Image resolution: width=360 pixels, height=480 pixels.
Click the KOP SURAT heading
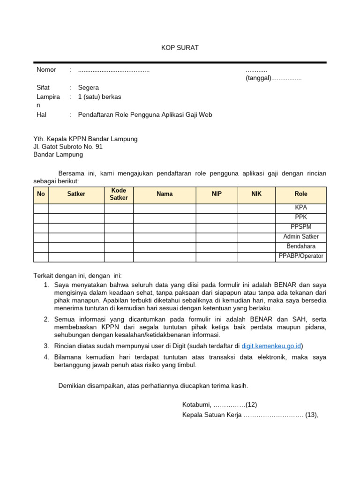coord(180,48)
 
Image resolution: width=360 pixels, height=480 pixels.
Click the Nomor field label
coord(46,70)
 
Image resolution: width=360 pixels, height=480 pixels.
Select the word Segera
coord(89,88)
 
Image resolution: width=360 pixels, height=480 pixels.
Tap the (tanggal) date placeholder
coord(258,78)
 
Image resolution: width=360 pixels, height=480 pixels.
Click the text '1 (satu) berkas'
coord(99,97)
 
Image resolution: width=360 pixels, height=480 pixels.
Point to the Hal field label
coord(41,114)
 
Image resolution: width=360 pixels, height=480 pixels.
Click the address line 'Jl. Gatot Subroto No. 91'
coord(67,147)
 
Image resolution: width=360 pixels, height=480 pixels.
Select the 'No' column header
coord(41,194)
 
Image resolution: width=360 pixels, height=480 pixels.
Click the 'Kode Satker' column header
coord(119,194)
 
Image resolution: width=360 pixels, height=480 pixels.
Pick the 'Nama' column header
coord(165,194)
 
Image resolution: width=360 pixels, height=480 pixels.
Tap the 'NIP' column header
coord(217,194)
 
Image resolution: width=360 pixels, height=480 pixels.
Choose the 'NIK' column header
coord(256,194)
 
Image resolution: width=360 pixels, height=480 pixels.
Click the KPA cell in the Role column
coord(301,208)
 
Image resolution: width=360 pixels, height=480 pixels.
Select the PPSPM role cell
coord(301,227)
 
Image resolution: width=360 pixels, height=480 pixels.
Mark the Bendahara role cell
coord(301,247)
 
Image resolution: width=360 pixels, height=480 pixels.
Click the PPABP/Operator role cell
coord(301,256)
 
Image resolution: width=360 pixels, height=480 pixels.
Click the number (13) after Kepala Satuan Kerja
coord(311,415)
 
